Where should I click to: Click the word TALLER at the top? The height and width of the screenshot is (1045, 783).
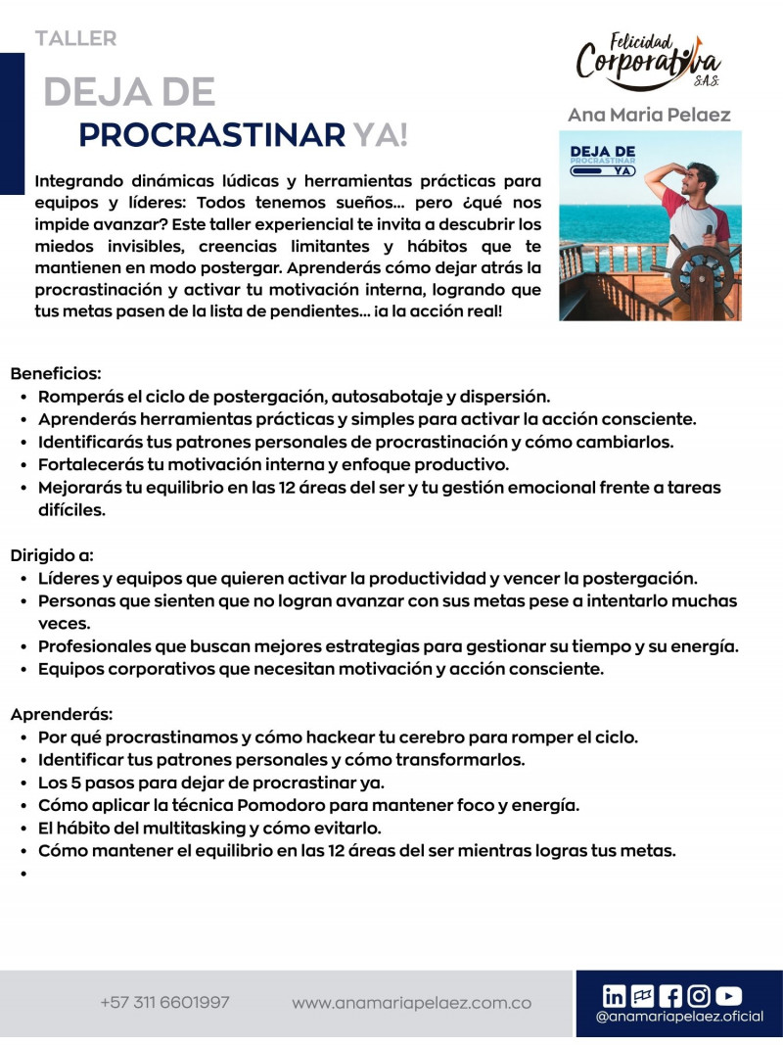tap(75, 39)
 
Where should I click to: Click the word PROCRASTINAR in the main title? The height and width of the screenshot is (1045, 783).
tap(211, 135)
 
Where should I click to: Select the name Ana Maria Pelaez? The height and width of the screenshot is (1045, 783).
tap(649, 115)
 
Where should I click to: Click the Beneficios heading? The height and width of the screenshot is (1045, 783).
tap(56, 373)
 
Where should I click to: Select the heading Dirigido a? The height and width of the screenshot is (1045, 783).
tap(52, 555)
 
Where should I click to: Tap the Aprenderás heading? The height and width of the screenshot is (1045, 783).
tap(62, 713)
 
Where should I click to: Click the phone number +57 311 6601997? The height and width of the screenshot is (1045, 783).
tap(164, 1003)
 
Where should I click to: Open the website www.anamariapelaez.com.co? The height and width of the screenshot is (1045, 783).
tap(411, 1003)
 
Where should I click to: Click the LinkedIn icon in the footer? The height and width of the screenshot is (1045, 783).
tap(615, 996)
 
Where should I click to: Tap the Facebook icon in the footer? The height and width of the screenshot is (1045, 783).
tap(670, 996)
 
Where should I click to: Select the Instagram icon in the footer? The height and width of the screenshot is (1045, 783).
tap(699, 996)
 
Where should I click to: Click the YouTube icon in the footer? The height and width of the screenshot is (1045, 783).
tap(728, 996)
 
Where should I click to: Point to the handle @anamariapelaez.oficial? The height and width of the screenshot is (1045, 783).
tap(679, 1018)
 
